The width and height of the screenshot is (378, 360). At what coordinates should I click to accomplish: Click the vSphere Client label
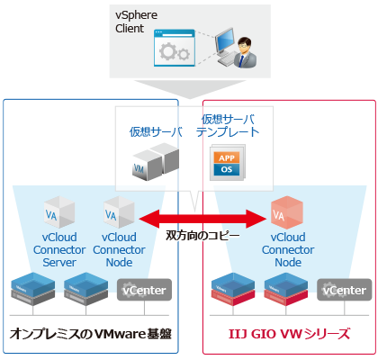pyautogui.click(x=135, y=22)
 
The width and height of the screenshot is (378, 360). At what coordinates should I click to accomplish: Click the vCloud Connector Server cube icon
pyautogui.click(x=57, y=213)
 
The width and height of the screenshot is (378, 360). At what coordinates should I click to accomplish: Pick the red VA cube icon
pyautogui.click(x=284, y=212)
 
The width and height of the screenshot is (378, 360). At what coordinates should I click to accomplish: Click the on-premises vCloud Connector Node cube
pyautogui.click(x=113, y=213)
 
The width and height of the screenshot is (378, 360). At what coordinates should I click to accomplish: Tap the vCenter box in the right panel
pyautogui.click(x=345, y=290)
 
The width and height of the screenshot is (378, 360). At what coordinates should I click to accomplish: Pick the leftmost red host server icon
pyautogui.click(x=230, y=287)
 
